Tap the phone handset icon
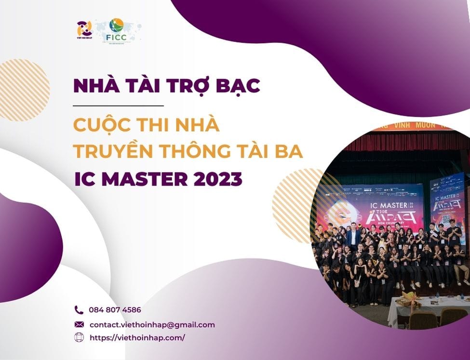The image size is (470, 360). coord(79,310)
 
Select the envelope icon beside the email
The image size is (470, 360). coord(79,324)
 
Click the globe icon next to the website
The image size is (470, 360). coord(79,338)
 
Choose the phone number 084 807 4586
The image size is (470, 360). coord(115,310)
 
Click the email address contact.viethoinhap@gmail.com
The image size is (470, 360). coord(152,325)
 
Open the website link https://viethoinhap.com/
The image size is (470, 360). coord(137,338)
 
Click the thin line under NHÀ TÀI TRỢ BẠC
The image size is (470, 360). coord(119,105)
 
